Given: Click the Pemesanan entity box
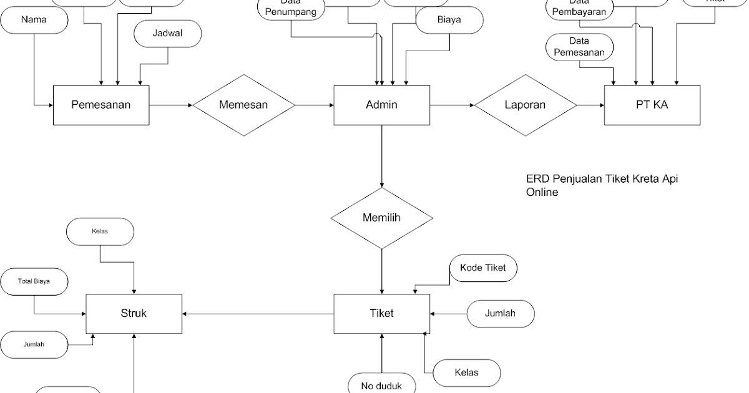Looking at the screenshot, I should [x=100, y=105].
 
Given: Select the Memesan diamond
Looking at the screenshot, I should [x=243, y=105].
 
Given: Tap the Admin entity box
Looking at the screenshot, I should [x=381, y=105].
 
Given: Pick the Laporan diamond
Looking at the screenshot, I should [x=525, y=105].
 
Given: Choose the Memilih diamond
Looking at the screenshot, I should [x=381, y=218].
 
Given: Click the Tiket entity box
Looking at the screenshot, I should [x=381, y=313].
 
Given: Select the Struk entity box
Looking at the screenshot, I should [x=134, y=313].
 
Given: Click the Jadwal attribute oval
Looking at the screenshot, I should [x=167, y=34].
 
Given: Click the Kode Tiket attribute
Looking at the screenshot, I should [x=483, y=268].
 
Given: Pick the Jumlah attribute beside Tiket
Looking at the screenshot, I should [x=500, y=313].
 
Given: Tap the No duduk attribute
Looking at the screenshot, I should [x=381, y=385].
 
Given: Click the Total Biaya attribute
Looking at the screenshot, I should [x=34, y=282].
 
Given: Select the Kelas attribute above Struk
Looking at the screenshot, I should [x=100, y=231].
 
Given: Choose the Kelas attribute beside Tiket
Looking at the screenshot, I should [x=467, y=372].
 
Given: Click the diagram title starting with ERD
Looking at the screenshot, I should [x=602, y=185].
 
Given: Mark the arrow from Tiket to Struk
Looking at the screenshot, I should [x=257, y=313].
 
